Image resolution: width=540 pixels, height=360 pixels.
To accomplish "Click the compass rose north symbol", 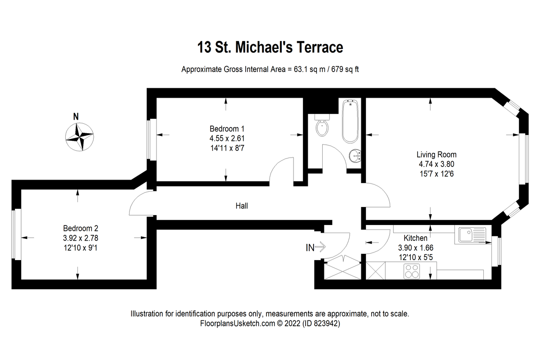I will (x=79, y=136).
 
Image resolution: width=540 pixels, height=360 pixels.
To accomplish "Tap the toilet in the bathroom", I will (x=323, y=127).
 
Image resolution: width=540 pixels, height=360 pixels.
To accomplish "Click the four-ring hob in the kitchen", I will (x=412, y=272).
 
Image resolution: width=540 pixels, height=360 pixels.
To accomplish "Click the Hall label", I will (x=242, y=206).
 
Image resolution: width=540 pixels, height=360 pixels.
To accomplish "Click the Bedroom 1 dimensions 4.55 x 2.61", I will (x=227, y=138).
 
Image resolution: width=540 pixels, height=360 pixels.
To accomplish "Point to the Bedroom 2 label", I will (x=81, y=228).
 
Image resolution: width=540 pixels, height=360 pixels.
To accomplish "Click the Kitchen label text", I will (x=415, y=238).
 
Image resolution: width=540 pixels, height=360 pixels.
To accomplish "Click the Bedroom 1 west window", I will (x=153, y=139).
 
